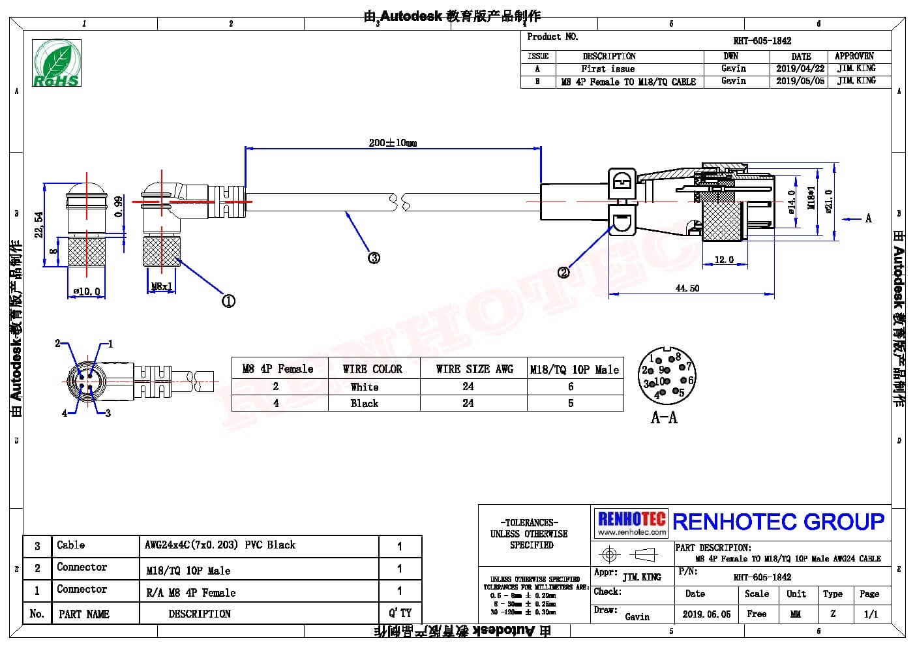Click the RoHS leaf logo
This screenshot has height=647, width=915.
(x=57, y=63)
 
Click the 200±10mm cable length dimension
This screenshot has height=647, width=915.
(x=392, y=142)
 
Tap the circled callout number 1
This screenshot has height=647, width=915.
(x=228, y=301)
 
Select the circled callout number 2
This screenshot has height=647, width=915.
(x=563, y=272)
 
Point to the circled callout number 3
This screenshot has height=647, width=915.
(x=374, y=258)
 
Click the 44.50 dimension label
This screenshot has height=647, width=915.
(x=687, y=288)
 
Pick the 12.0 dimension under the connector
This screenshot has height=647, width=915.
(x=724, y=260)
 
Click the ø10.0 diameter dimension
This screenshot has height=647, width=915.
(x=86, y=292)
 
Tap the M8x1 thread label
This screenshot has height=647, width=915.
(x=161, y=286)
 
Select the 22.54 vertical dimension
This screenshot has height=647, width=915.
(x=39, y=224)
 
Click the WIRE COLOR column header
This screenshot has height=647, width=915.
(x=372, y=369)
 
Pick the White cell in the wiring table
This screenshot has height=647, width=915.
(x=364, y=387)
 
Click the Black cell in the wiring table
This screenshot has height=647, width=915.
(x=364, y=403)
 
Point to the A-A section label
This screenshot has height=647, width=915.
(x=664, y=417)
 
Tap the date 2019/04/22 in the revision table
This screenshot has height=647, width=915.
(x=800, y=68)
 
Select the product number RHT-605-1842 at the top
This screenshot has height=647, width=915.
(x=762, y=40)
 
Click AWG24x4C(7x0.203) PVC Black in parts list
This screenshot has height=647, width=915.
(x=220, y=545)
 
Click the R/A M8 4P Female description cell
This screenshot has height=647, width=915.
(x=190, y=592)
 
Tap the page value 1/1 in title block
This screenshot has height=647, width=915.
(x=870, y=614)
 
